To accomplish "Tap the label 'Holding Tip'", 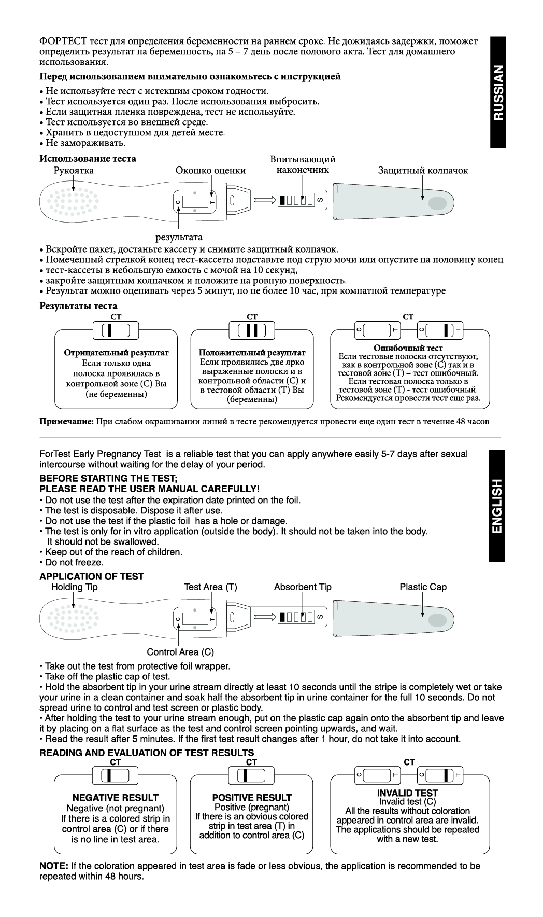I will pyautogui.click(x=74, y=587).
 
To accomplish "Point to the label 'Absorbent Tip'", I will pyautogui.click(x=303, y=587).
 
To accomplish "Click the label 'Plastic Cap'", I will pyautogui.click(x=423, y=587).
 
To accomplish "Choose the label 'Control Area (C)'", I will pyautogui.click(x=180, y=652).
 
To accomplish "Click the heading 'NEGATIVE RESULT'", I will pyautogui.click(x=116, y=798).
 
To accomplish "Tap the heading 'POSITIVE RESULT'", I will pyautogui.click(x=252, y=798).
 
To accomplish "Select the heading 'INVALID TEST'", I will pyautogui.click(x=407, y=793).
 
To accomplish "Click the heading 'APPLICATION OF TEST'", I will pyautogui.click(x=92, y=576).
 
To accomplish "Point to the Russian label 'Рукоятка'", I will pyautogui.click(x=74, y=171).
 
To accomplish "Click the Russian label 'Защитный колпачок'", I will pyautogui.click(x=423, y=171).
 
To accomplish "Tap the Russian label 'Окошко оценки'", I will pyautogui.click(x=210, y=171).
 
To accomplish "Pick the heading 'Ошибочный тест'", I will pyautogui.click(x=408, y=348).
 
